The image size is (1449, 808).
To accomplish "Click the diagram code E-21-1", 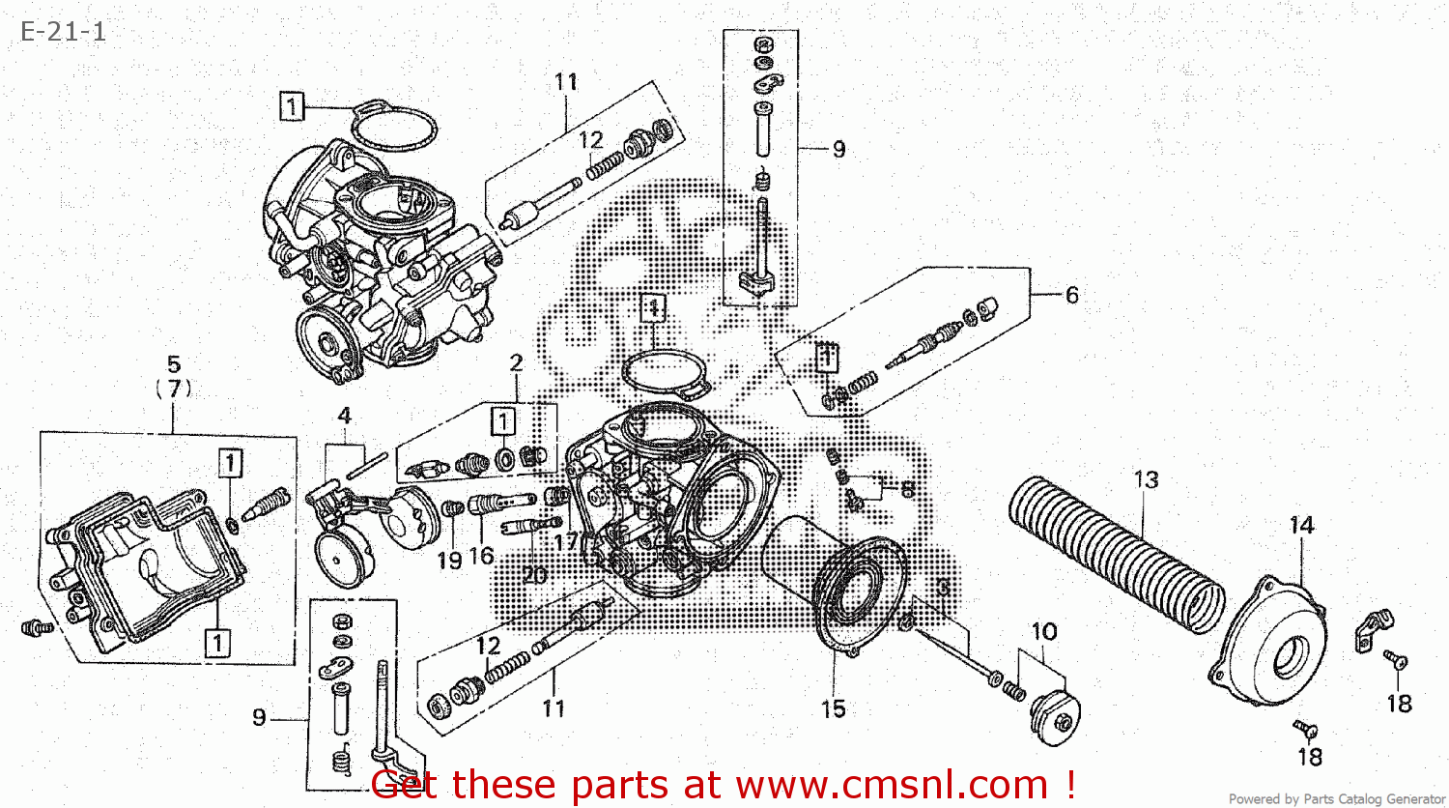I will click(63, 32).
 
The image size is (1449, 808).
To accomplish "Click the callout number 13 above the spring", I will click(1146, 479).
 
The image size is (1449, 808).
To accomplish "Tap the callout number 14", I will click(1301, 526).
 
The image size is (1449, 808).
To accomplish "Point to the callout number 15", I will click(833, 709).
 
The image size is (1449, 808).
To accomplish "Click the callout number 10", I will click(1044, 632).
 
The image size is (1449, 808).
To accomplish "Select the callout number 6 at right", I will click(1071, 295).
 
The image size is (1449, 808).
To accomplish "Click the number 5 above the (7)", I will click(174, 364).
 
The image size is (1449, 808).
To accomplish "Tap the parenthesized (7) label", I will click(174, 389).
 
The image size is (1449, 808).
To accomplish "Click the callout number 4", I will click(344, 417).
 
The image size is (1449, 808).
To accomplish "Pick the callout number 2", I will click(517, 362).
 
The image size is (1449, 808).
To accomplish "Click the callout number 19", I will click(449, 560).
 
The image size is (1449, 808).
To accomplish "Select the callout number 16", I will click(481, 556).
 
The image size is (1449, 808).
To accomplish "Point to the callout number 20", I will click(534, 575).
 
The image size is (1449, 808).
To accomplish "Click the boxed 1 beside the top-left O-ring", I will click(292, 106).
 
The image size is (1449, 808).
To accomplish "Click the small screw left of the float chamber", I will click(36, 628).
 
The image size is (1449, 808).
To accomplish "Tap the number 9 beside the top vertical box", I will click(838, 150).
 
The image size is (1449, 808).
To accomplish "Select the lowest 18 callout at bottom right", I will click(1310, 757).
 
